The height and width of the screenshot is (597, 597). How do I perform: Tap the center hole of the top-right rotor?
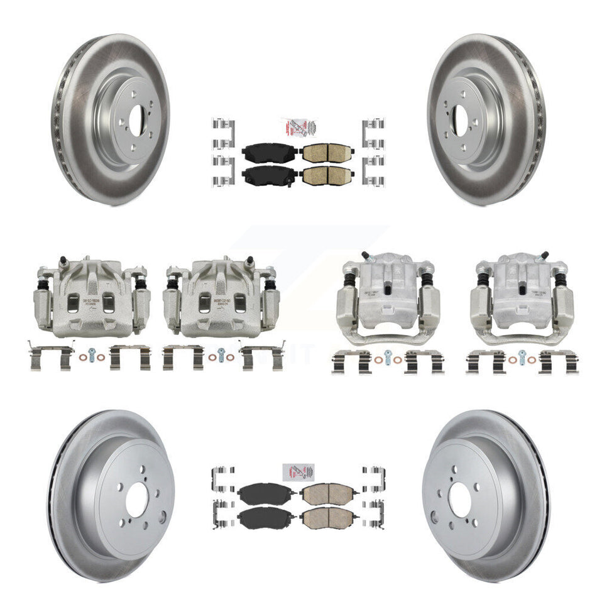pos(459,119)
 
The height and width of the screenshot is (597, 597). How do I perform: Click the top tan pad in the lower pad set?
pos(327,495)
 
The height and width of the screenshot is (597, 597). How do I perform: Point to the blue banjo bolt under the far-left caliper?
pos(92,353)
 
